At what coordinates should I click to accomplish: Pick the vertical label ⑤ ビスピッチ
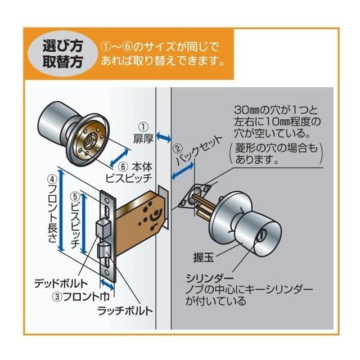click(74, 220)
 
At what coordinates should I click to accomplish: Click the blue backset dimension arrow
click(184, 170)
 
